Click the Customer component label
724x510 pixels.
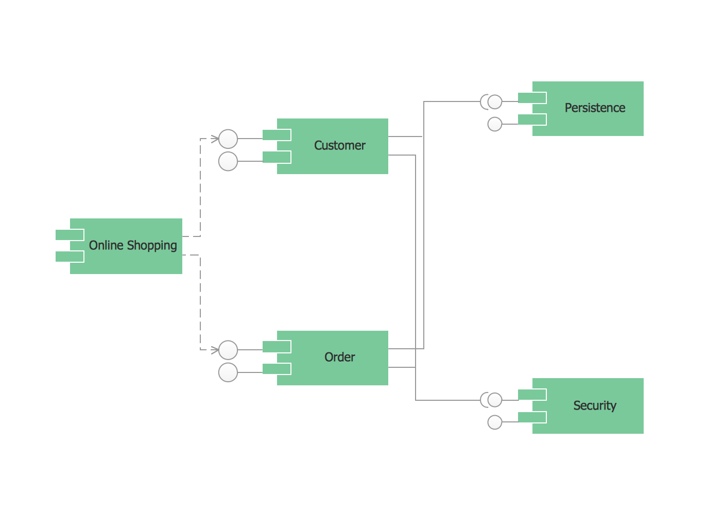[x=339, y=146]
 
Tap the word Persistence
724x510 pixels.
[x=595, y=108]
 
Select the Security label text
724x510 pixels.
[x=595, y=406]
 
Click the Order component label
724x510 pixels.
[x=339, y=358]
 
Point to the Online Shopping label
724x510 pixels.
[x=133, y=246]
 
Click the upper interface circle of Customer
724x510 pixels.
[x=228, y=139]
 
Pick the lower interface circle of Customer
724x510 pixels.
[x=228, y=161]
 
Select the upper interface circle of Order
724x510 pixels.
[x=228, y=350]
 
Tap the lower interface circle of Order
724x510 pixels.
[x=228, y=372]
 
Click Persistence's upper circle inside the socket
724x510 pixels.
[x=495, y=102]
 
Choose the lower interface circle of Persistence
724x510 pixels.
[x=495, y=124]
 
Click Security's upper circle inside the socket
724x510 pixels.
[x=495, y=400]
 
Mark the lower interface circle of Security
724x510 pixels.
[x=495, y=422]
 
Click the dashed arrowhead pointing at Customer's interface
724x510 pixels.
[x=215, y=139]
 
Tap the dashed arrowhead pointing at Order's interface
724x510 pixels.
[x=215, y=350]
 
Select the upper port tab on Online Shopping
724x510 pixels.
[x=70, y=235]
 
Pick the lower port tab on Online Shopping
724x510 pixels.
[x=70, y=257]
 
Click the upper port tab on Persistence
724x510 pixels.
[x=532, y=98]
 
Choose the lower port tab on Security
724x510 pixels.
[x=532, y=417]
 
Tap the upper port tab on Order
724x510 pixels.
[x=277, y=347]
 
